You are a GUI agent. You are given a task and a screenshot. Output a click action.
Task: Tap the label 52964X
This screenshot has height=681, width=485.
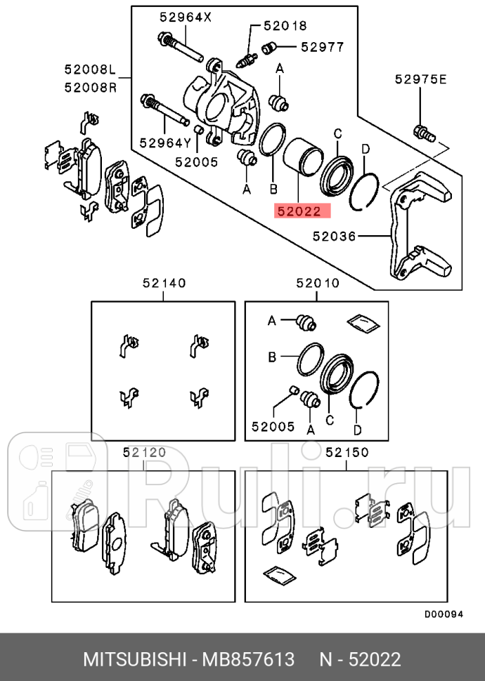point(184,18)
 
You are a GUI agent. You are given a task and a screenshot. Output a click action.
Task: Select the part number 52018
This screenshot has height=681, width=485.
point(285,26)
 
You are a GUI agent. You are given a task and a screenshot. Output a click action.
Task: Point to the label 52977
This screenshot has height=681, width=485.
point(323,47)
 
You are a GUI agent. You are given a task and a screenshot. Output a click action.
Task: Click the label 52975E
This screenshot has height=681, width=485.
point(420,79)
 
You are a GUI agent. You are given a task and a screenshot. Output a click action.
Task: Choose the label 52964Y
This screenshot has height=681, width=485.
point(165,143)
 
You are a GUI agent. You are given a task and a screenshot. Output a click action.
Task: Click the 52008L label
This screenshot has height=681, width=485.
point(89,70)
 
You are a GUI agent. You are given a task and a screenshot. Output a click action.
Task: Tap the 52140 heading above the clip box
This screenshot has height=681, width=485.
point(164,284)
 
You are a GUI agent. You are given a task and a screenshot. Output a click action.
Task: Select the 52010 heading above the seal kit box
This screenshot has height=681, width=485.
point(317,284)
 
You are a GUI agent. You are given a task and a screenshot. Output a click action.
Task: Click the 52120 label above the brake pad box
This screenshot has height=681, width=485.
point(144,453)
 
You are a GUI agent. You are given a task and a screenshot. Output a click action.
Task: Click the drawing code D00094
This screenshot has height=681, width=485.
point(444,614)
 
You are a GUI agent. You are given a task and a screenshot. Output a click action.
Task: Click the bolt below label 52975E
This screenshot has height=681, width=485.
point(420,131)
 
